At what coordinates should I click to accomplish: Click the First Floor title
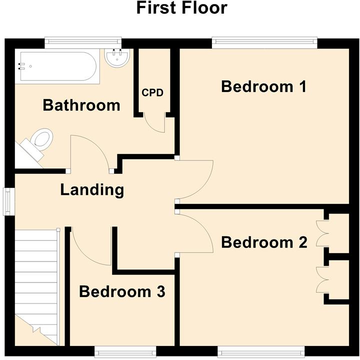(181, 8)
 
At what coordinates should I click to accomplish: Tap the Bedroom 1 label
(263, 86)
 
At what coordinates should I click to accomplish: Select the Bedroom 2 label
(263, 242)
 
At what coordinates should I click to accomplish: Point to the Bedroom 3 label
(122, 291)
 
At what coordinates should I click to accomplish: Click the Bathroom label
(81, 105)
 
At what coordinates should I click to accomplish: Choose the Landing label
(92, 190)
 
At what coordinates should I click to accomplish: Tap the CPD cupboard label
(152, 92)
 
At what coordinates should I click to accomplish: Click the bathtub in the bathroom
(57, 67)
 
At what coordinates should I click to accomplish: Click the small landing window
(9, 201)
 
